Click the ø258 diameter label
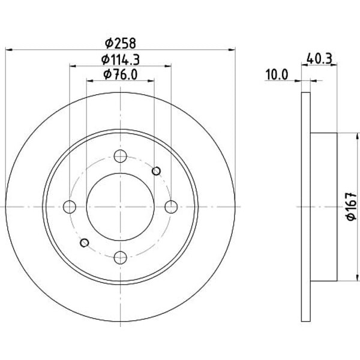click(121, 43)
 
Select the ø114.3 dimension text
click(121, 60)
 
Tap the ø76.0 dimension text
click(121, 74)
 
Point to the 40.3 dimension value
click(319, 59)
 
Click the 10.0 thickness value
click(277, 74)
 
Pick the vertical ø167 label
click(352, 206)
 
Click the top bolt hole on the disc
click(121, 156)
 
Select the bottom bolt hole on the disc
click(121, 257)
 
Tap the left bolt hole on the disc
click(70, 207)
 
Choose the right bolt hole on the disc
click(171, 207)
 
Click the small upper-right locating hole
click(157, 171)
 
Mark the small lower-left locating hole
click(85, 242)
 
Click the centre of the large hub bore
click(121, 207)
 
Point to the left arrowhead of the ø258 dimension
click(8, 50)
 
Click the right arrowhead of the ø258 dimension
click(232, 50)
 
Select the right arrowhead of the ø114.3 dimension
click(168, 66)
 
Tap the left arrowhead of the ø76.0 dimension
click(89, 81)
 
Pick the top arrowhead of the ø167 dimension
click(357, 136)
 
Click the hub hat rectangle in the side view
click(324, 207)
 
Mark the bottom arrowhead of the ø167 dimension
click(357, 278)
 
